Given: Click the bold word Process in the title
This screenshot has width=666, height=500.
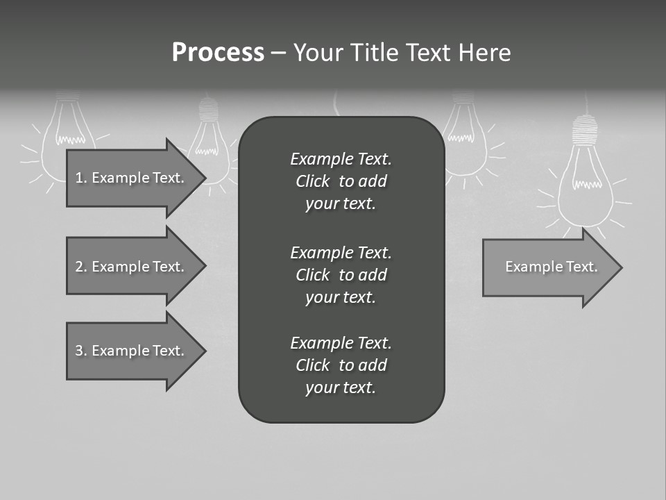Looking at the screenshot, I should click(218, 53).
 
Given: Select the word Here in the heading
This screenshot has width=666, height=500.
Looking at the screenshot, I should click(484, 53).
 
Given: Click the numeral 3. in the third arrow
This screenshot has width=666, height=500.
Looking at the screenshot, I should click(81, 351).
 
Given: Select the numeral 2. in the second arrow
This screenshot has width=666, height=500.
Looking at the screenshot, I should click(81, 267).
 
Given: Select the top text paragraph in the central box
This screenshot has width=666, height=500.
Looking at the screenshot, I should click(341, 181).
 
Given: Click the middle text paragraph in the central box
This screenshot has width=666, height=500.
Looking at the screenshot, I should click(341, 275).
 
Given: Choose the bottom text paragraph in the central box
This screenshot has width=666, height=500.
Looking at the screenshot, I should click(341, 365).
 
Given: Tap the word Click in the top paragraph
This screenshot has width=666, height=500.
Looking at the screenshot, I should click(313, 182).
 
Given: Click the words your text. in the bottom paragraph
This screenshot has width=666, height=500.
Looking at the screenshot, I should click(341, 388).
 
